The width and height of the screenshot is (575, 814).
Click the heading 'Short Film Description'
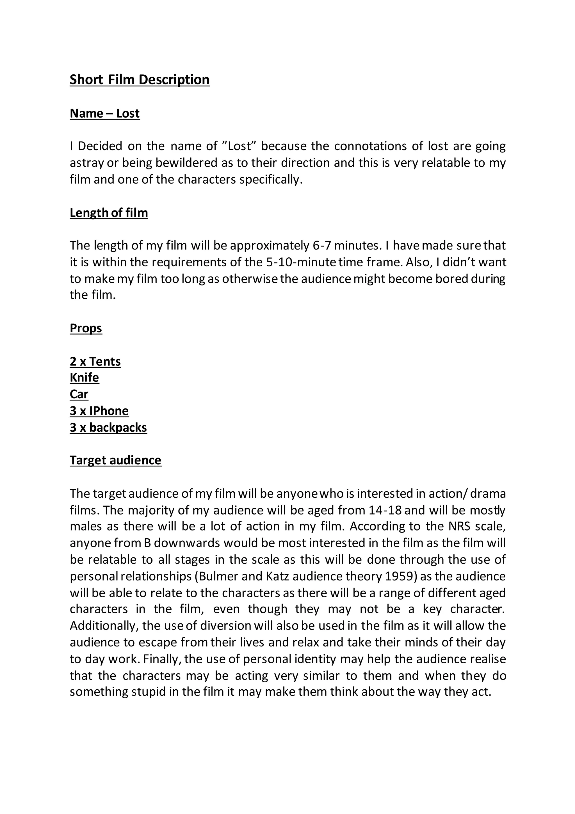click(140, 79)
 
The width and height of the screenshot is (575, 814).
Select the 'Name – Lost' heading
click(105, 113)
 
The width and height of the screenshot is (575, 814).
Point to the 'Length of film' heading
click(109, 213)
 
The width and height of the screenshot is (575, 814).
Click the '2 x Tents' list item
click(95, 361)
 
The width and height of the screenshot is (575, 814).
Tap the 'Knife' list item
click(85, 378)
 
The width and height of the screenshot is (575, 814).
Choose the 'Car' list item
click(79, 394)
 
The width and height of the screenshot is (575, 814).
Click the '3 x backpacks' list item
click(108, 427)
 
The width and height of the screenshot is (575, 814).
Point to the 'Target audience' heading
click(115, 460)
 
